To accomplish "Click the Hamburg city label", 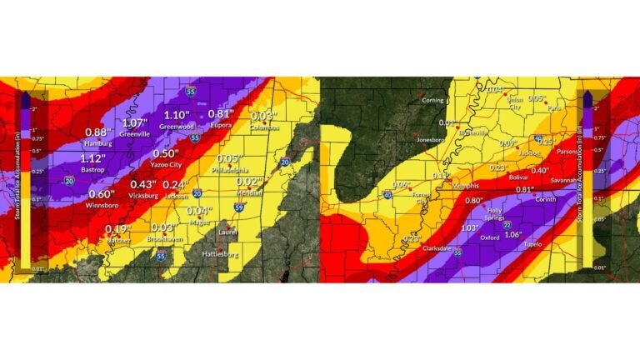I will [98, 143].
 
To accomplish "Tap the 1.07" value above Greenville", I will [135, 122].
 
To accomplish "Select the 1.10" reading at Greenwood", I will [177, 115].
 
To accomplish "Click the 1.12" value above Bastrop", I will [94, 158].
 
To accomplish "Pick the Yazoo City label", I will [167, 165].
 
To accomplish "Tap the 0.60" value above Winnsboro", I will [102, 193].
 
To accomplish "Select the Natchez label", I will [119, 240].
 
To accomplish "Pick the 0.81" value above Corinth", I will [525, 190].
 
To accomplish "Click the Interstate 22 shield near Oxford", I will [508, 225].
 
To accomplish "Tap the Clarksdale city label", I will [442, 248].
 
